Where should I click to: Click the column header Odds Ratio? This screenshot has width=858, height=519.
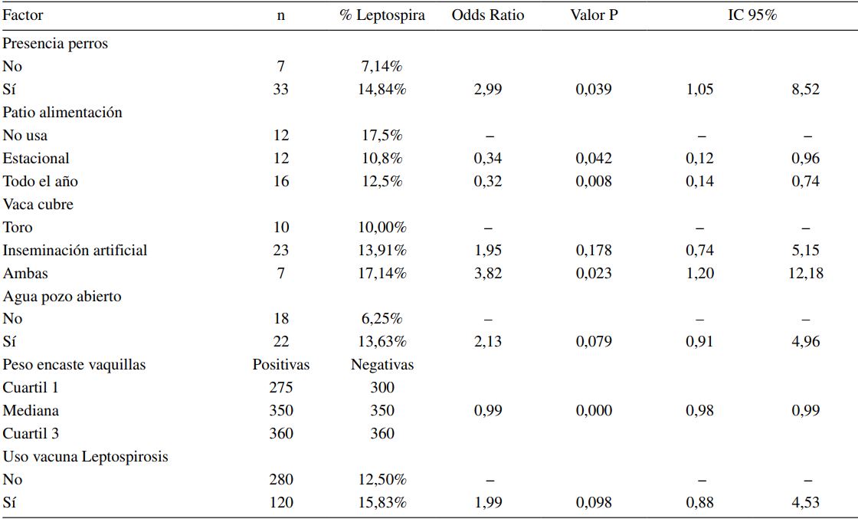[487, 15]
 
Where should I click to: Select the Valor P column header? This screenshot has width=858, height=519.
[594, 15]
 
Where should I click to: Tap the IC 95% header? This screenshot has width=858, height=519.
[752, 15]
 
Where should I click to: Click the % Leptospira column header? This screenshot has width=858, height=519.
[382, 15]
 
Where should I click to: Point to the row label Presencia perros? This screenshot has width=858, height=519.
[55, 44]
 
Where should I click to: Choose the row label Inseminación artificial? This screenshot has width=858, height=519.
[75, 250]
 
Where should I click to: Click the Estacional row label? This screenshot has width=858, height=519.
[36, 159]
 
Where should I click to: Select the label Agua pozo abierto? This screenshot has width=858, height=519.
[62, 296]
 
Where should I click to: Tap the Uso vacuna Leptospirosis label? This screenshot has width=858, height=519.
[86, 456]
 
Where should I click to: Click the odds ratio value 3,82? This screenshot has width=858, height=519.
[487, 273]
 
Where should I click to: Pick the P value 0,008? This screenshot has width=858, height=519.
[594, 182]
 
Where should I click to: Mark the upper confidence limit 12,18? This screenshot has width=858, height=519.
[805, 273]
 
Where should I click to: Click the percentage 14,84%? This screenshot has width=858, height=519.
[382, 90]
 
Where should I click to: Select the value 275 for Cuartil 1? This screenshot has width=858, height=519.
[281, 387]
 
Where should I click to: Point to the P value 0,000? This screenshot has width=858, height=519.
[594, 410]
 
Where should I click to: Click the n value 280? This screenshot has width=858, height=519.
[281, 479]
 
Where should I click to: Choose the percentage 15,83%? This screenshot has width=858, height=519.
[382, 502]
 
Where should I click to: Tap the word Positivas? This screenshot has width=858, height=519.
[281, 365]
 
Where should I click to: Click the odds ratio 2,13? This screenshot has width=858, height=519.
[487, 342]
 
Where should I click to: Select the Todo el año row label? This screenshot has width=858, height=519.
[40, 182]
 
